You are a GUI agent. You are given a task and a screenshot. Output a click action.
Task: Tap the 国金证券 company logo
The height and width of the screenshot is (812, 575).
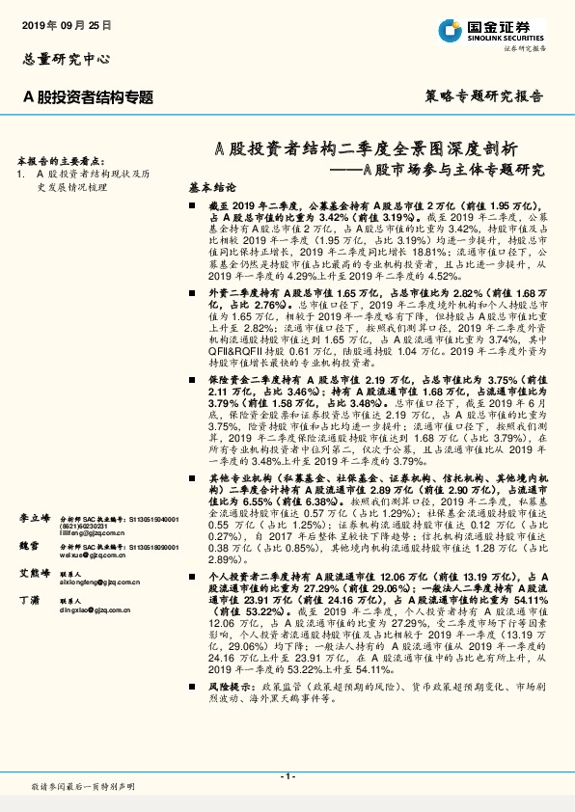click(491, 28)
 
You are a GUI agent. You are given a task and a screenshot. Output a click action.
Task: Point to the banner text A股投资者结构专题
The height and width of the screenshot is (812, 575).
click(89, 96)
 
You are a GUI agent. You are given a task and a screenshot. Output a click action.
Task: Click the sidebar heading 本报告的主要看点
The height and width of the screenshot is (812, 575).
click(63, 161)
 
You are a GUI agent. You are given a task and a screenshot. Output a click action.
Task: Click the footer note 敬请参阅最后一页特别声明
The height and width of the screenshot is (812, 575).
click(83, 787)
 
